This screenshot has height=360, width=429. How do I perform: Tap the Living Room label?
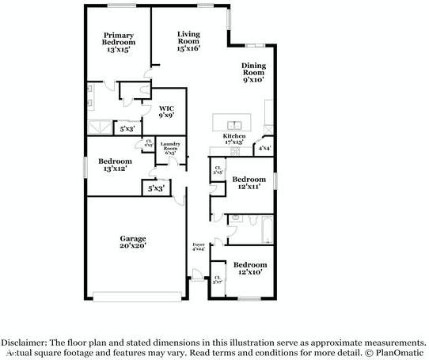pyautogui.click(x=188, y=40)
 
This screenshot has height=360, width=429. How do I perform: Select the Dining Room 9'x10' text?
pyautogui.click(x=252, y=73)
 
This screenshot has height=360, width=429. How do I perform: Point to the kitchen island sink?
pyautogui.click(x=234, y=123)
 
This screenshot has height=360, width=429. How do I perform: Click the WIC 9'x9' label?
pyautogui.click(x=166, y=111)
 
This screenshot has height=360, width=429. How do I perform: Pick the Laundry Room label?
pyautogui.click(x=171, y=148)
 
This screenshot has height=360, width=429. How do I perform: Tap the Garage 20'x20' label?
pyautogui.click(x=133, y=241)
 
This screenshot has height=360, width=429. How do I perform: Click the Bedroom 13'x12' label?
pyautogui.click(x=117, y=165)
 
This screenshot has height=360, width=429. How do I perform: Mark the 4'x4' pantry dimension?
pyautogui.click(x=264, y=148)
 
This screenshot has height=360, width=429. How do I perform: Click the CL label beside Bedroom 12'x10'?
pyautogui.click(x=218, y=279)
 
